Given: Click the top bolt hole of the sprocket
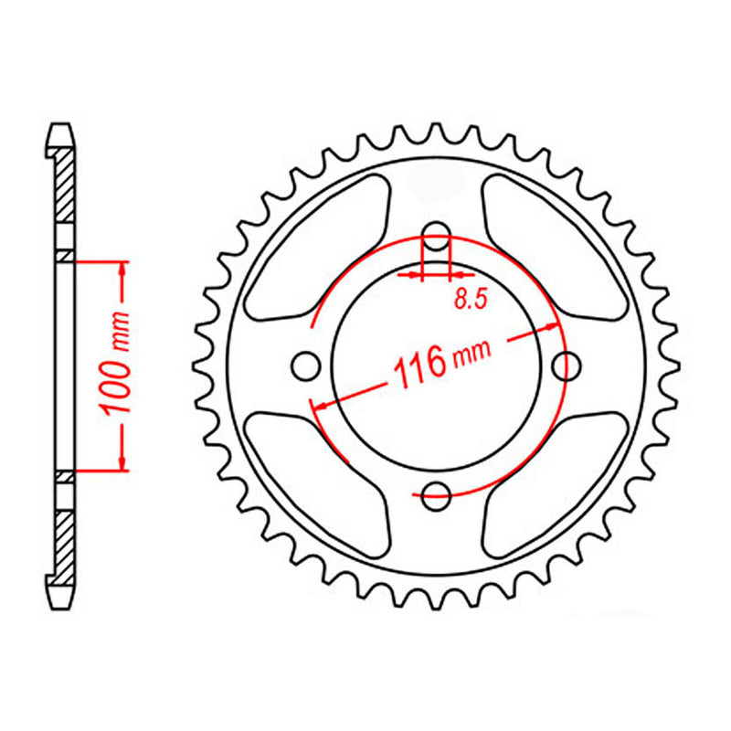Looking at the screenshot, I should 437,230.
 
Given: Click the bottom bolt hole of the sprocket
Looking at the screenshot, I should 437,497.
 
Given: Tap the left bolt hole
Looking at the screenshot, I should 304,365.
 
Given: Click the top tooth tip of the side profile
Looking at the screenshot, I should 59,129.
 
